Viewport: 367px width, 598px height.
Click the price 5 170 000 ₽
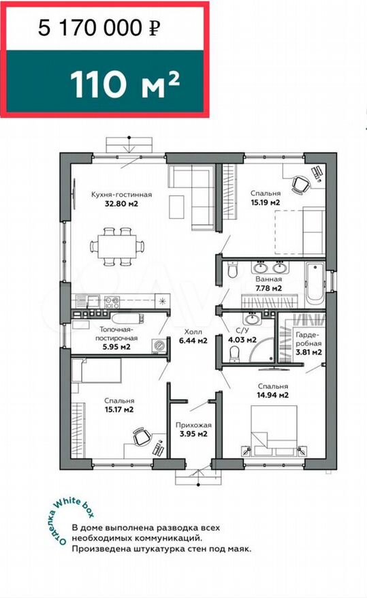coord(99,28)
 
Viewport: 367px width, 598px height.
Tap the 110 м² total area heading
coord(125,84)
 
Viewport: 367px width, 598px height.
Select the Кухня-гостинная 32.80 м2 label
coord(122,199)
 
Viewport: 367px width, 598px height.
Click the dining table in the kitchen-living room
coord(117,247)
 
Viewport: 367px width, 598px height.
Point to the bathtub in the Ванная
coord(315,283)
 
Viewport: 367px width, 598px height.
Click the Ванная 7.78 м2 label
coord(269,284)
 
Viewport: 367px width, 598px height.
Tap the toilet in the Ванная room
coord(232,270)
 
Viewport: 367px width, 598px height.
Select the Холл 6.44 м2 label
coord(193,336)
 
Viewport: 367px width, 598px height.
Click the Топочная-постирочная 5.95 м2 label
coord(116,338)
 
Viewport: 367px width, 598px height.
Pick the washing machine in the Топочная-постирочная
coord(159,345)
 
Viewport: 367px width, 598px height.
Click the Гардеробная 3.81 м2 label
coord(308,343)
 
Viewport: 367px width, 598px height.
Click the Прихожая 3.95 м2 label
coord(193,430)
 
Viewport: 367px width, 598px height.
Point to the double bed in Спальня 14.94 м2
coord(273,430)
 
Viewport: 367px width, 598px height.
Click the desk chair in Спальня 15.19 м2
coord(301,185)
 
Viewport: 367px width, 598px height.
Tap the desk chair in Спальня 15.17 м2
coord(142,437)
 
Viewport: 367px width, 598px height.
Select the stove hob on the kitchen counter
coord(112,302)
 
